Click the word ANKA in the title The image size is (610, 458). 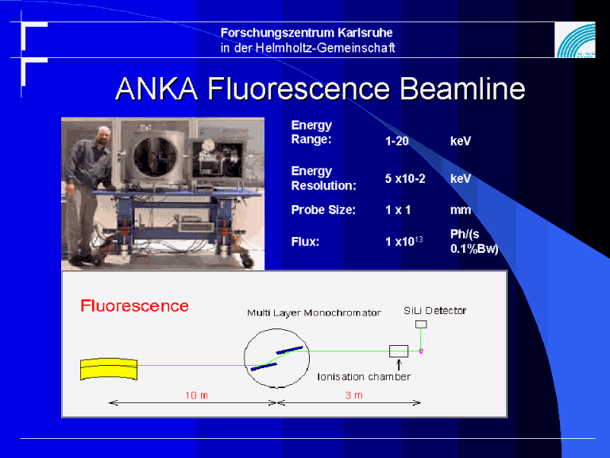point(156,89)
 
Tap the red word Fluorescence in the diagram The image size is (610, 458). point(134,305)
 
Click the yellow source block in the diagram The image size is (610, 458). point(109,369)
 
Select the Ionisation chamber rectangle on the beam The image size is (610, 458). point(399,351)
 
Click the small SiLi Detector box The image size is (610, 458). point(421,324)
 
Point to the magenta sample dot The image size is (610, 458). point(421,351)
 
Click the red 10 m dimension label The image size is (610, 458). point(196,395)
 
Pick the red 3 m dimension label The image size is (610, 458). point(354,395)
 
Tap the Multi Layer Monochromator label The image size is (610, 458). point(314,312)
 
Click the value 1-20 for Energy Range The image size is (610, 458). point(397,141)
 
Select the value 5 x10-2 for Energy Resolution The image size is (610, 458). point(405,179)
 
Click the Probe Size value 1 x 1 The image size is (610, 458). point(398,210)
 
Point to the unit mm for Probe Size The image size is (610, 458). point(461,210)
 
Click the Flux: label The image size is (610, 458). point(305,242)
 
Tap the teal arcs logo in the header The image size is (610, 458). point(576,40)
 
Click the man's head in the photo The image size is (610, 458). point(103,134)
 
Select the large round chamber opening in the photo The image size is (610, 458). point(156,157)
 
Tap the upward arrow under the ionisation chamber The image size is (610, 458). point(399,365)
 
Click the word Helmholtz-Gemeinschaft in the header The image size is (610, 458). point(325,48)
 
